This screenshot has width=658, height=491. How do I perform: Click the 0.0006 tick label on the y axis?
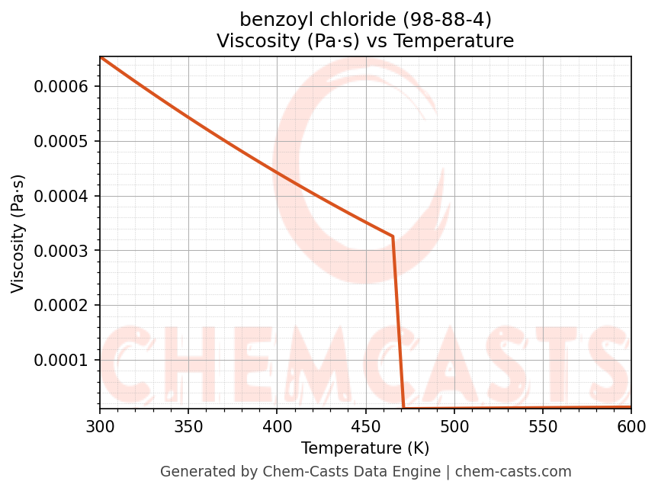62,87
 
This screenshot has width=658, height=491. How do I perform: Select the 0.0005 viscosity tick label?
62,142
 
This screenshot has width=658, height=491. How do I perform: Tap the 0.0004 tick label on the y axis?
62,197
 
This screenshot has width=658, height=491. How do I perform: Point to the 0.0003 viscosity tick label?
62,251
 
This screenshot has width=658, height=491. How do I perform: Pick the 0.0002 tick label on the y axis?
62,306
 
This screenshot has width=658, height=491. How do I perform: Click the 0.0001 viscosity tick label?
62,360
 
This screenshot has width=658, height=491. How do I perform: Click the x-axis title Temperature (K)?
365,448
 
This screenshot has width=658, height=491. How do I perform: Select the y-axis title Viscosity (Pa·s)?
19,233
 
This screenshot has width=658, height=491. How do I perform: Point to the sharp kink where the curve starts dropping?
393,236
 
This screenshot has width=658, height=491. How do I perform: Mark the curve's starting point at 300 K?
100,57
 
